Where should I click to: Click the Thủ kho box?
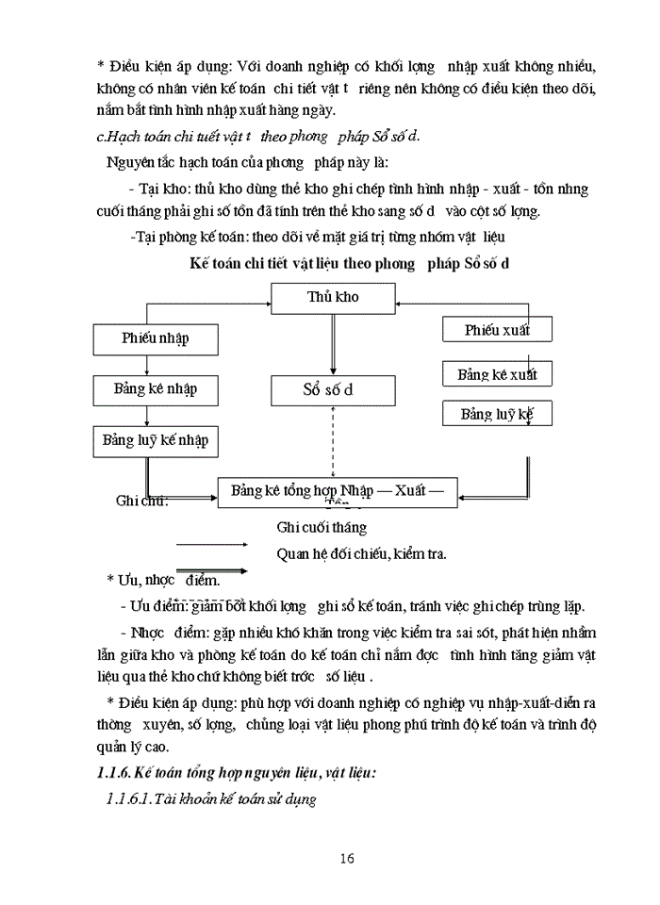[333, 298]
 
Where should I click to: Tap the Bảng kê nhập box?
[155, 388]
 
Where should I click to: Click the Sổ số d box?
[333, 389]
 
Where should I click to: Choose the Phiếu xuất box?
[497, 330]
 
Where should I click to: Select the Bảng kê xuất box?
[497, 374]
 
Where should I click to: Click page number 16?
[346, 858]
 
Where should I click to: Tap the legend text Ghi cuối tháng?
[322, 528]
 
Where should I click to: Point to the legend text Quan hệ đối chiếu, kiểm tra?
[361, 553]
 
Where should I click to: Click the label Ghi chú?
[141, 501]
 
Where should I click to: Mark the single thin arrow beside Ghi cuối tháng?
[212, 544]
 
